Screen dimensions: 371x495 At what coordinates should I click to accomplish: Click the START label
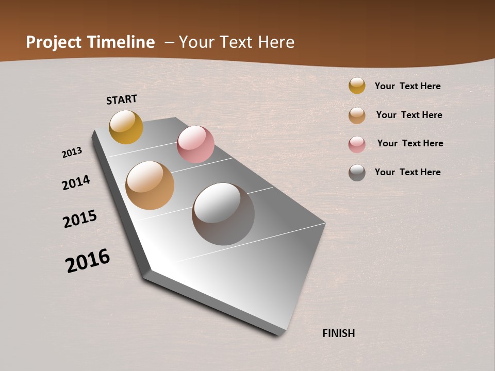[x=122, y=99]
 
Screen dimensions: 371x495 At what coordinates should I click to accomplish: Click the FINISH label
[x=338, y=333]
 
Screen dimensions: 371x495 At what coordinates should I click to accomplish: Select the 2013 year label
[x=72, y=153]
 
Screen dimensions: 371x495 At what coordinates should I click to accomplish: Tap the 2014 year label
[x=76, y=182]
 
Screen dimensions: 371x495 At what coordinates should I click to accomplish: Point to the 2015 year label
[x=80, y=219]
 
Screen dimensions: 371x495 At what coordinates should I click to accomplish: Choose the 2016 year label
[x=88, y=260]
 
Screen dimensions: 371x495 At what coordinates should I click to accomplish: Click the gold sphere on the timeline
[x=126, y=127]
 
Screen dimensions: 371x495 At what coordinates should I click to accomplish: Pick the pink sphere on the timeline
[x=195, y=144]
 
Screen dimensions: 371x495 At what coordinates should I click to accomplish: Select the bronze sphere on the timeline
[x=150, y=185]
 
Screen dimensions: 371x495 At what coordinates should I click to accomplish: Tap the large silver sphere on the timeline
[x=223, y=214]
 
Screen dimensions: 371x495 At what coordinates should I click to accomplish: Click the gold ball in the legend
[x=357, y=86]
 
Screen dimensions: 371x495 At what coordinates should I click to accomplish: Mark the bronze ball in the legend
[x=357, y=115]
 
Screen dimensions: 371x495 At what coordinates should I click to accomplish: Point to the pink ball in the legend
[x=357, y=144]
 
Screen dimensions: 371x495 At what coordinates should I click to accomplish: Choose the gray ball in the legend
[x=357, y=173]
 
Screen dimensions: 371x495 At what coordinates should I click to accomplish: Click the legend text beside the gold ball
[x=407, y=86]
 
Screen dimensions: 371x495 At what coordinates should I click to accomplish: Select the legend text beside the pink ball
[x=410, y=143]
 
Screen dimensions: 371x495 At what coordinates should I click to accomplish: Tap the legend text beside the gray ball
[x=407, y=172]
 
